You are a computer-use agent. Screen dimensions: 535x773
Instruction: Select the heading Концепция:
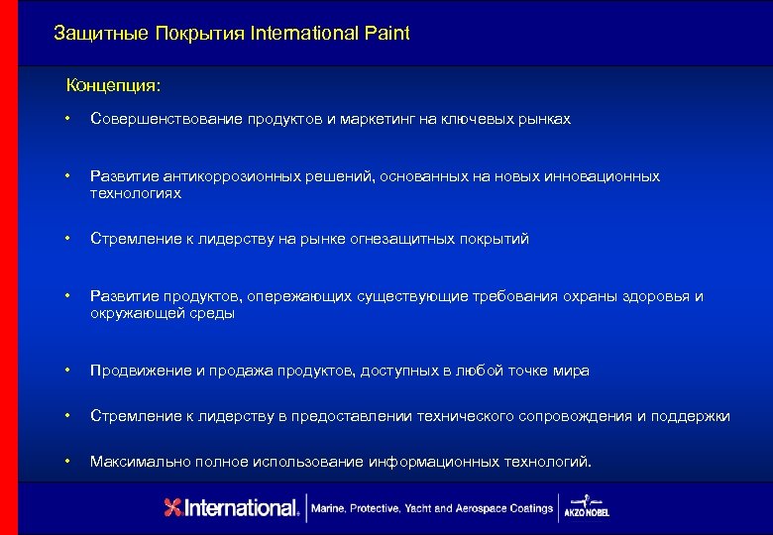click(x=113, y=85)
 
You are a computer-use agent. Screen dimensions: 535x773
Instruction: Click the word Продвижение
click(x=137, y=371)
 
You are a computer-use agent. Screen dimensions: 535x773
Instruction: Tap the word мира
click(x=572, y=371)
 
